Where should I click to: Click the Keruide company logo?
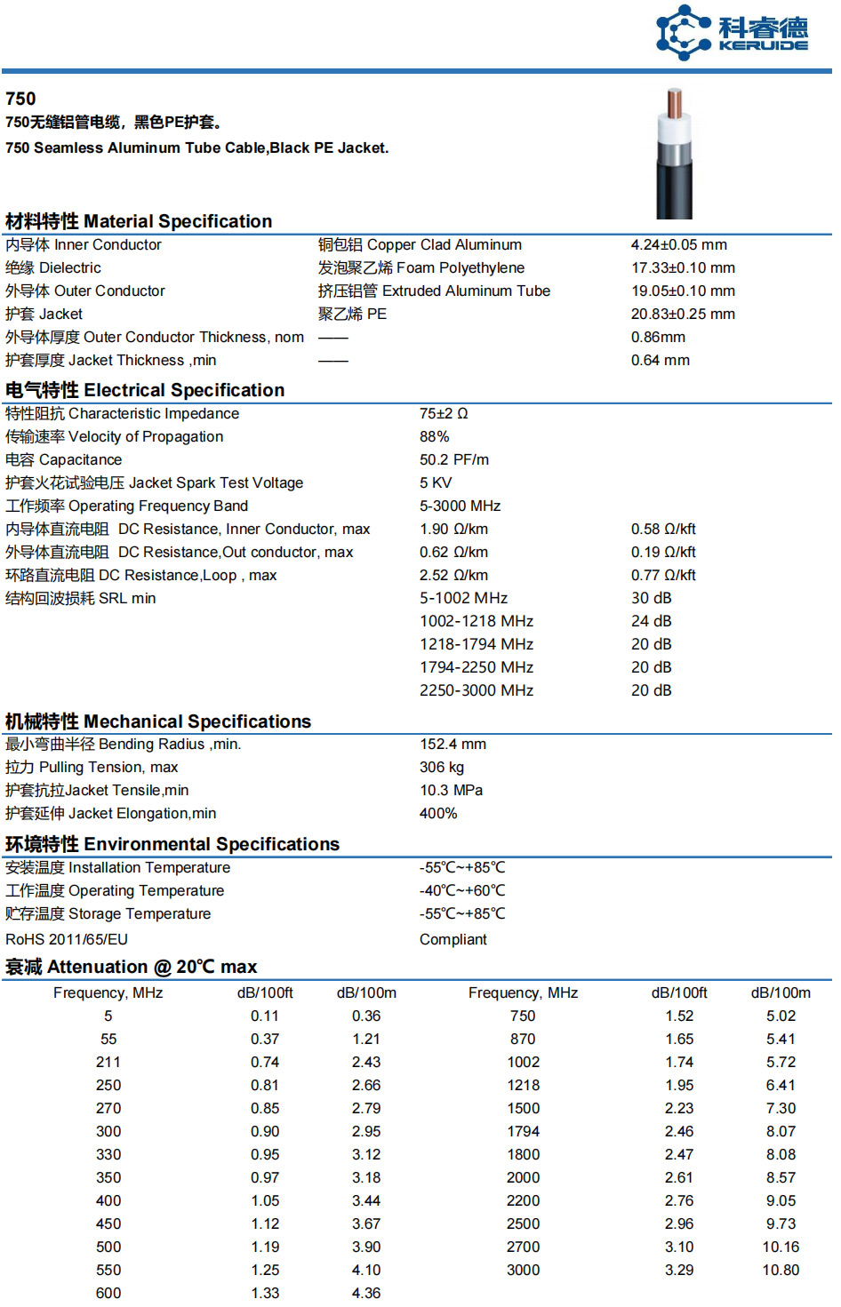tap(732, 33)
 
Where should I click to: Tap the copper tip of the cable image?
tap(675, 102)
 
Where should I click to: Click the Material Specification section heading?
tap(139, 221)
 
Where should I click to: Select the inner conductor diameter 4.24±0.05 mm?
tap(678, 245)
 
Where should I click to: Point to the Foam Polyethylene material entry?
tap(420, 268)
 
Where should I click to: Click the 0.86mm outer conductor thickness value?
tap(658, 338)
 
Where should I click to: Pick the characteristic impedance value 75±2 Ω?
tap(444, 414)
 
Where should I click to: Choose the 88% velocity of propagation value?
tap(434, 437)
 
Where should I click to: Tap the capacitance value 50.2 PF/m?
tap(454, 460)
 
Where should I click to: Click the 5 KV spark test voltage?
tap(436, 483)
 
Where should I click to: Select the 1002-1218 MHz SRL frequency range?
tap(477, 622)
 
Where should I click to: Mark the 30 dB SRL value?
tap(651, 599)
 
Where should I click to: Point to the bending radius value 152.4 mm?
tap(453, 745)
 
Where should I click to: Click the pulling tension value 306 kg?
tap(442, 768)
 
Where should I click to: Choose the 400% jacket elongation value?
tap(438, 814)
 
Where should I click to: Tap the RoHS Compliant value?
tap(453, 940)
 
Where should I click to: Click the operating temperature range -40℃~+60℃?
tap(462, 891)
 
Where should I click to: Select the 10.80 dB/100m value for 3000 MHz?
tap(781, 1271)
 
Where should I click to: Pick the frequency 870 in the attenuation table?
tap(523, 1040)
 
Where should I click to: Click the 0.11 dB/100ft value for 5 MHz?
tap(265, 1016)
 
